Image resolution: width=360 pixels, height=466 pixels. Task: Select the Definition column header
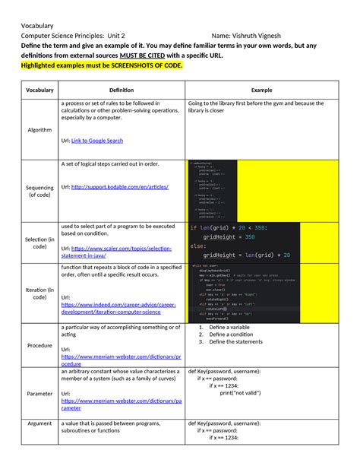(x=121, y=90)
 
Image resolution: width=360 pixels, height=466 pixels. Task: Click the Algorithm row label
(x=39, y=129)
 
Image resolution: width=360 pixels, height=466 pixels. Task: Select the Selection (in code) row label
(x=39, y=242)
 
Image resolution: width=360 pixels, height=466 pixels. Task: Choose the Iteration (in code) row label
(x=39, y=294)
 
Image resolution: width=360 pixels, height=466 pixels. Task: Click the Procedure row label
(x=39, y=345)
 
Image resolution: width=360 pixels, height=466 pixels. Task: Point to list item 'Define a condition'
(x=232, y=334)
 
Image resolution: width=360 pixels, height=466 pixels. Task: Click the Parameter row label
(x=39, y=394)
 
